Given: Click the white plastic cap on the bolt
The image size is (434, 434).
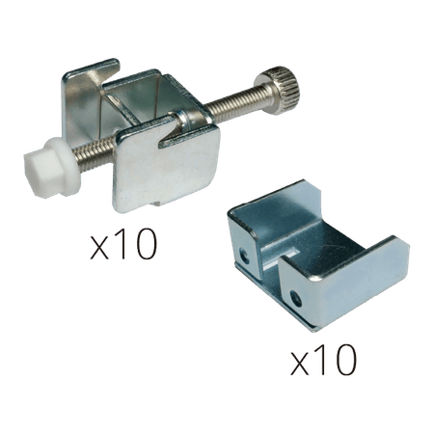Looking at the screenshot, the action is (x=51, y=167).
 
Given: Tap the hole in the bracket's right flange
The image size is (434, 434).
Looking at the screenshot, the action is (x=296, y=298).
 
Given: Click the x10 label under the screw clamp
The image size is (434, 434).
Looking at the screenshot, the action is (x=123, y=244).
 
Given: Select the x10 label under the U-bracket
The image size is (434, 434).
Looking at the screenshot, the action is (x=324, y=360).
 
